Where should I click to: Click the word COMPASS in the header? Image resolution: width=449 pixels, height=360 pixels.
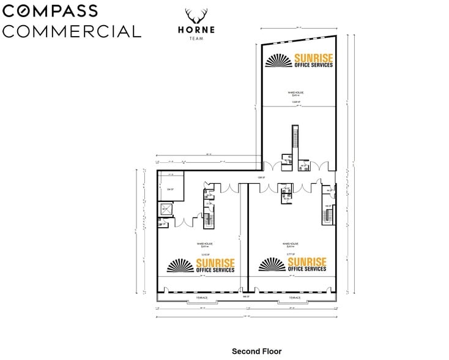coord(50,12)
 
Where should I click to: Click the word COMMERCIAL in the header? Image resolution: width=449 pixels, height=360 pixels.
coord(71,31)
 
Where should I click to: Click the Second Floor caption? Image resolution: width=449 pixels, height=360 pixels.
coord(256,351)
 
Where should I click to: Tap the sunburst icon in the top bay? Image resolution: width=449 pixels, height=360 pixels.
coord(280,61)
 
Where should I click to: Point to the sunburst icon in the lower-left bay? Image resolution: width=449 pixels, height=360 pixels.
coord(181,265)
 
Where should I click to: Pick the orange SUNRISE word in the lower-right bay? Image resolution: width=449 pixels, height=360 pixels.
coord(306,261)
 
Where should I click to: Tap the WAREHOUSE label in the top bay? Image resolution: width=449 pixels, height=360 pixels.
coord(296,92)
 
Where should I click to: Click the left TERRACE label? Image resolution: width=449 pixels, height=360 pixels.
coord(202,298)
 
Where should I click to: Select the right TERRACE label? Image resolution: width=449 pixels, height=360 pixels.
coord(294,298)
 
